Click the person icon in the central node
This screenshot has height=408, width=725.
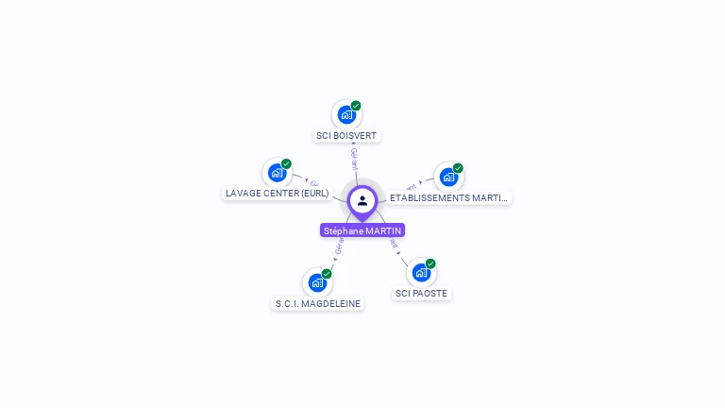tap(362, 200)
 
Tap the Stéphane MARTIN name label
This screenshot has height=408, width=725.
tap(362, 230)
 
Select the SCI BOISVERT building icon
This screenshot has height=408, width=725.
tap(346, 115)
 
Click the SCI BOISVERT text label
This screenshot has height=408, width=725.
tap(346, 136)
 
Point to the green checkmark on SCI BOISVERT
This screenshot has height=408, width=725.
tap(356, 106)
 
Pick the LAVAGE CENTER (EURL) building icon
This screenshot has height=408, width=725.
tap(277, 173)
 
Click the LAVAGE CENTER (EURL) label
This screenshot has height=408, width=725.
tap(277, 194)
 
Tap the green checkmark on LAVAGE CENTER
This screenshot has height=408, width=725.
tap(286, 163)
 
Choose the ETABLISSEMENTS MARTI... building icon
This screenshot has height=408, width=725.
tap(448, 178)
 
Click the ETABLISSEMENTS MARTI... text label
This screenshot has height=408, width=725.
tap(448, 198)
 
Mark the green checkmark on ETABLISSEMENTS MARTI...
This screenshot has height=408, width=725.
tap(458, 168)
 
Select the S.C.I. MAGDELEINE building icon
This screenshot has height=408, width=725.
tap(317, 282)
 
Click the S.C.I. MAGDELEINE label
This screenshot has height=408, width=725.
tap(317, 304)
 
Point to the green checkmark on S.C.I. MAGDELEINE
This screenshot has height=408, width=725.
tap(327, 274)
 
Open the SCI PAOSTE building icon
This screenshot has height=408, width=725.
tap(421, 273)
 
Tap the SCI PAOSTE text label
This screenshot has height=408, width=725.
tap(421, 294)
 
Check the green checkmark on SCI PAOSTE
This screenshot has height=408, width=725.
tap(430, 263)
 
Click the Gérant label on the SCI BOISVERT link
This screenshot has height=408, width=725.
tap(354, 158)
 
